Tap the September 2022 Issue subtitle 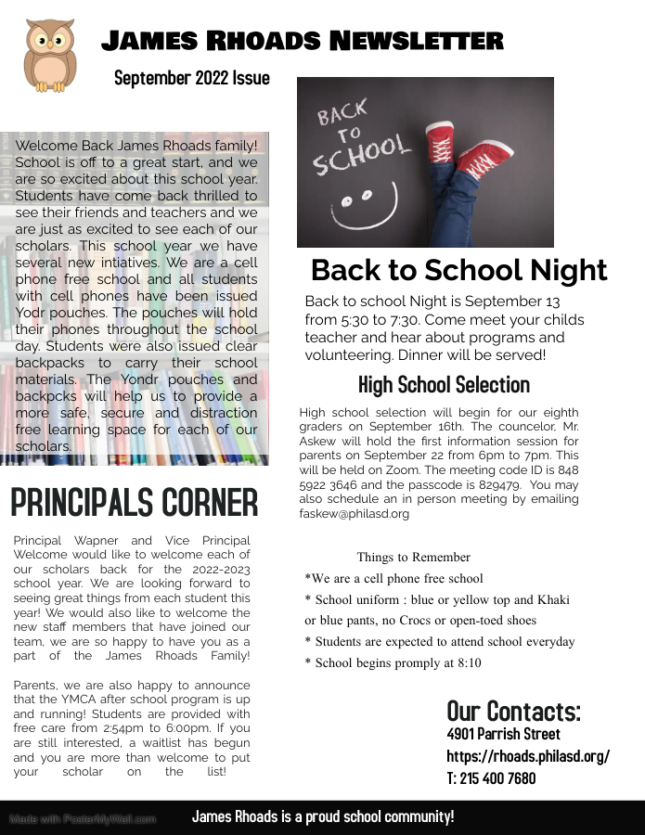point(192,78)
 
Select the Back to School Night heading point(458,270)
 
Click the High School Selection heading point(444,384)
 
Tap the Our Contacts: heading point(514,711)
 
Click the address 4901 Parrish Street point(503,734)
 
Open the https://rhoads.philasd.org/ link point(528,756)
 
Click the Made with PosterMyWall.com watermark point(83,819)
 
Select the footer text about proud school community point(323,816)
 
